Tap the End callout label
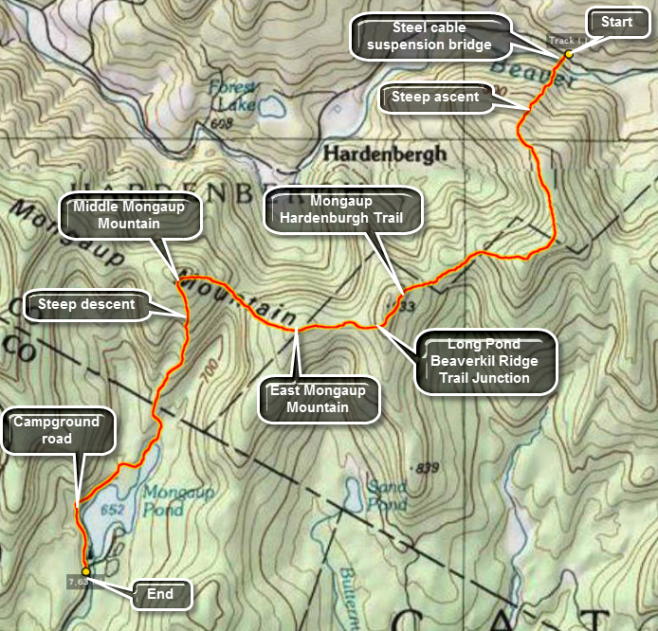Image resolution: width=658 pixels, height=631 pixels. [x=159, y=595]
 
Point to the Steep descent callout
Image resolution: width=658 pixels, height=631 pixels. [x=86, y=304]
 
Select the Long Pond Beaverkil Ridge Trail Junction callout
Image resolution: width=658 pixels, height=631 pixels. [x=484, y=361]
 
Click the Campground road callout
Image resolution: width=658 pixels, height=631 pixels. [x=57, y=432]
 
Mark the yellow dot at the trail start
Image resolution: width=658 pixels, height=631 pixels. [x=569, y=54]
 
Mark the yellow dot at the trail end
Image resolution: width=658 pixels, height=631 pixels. [x=86, y=571]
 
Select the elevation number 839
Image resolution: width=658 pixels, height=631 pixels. [x=429, y=468]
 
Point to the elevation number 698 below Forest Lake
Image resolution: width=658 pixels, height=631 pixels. [x=224, y=124]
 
